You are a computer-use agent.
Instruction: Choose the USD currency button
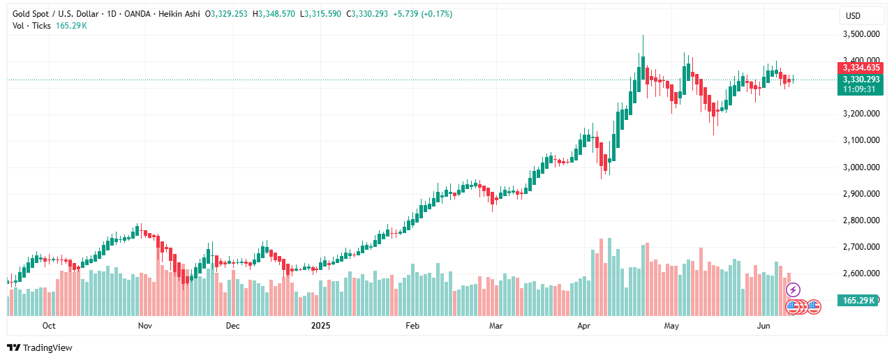pos(854,15)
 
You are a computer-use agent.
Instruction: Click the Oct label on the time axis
pos(49,326)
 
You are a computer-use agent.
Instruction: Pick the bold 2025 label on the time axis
pos(320,326)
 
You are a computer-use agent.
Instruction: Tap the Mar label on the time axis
pos(496,326)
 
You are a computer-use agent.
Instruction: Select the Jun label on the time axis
pos(763,326)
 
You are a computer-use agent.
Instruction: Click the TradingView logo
pos(40,347)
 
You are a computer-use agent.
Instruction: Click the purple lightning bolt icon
pos(793,289)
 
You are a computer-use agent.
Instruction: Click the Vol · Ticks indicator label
pos(31,26)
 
